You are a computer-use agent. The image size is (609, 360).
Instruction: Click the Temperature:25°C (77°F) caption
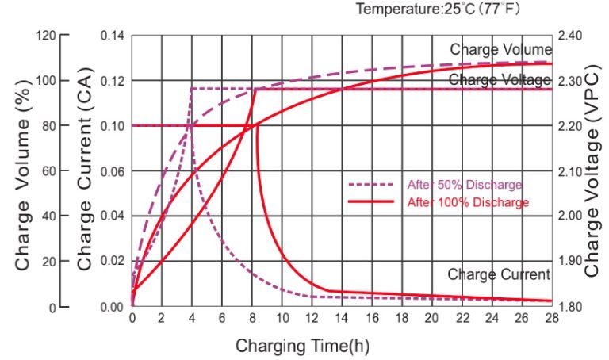[x=437, y=10]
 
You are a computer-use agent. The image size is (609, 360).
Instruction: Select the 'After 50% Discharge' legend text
[x=465, y=185]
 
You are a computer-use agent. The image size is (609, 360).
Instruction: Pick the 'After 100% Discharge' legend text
[x=467, y=202]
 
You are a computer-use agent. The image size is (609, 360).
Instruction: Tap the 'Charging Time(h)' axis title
[x=302, y=346]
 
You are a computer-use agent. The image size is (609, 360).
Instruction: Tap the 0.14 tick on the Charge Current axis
[x=113, y=36]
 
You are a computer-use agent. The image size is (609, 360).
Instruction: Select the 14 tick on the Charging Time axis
[x=342, y=317]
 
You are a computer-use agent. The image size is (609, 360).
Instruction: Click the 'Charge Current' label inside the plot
[x=498, y=274]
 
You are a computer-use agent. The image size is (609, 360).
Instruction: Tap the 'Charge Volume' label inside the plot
[x=500, y=50]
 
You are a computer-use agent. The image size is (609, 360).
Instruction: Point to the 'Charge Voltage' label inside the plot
[x=499, y=79]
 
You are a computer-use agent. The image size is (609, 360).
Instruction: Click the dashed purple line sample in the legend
[x=371, y=185]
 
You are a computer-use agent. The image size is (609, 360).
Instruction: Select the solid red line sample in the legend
[x=371, y=202]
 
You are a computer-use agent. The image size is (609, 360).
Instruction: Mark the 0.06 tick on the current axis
[x=113, y=171]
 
